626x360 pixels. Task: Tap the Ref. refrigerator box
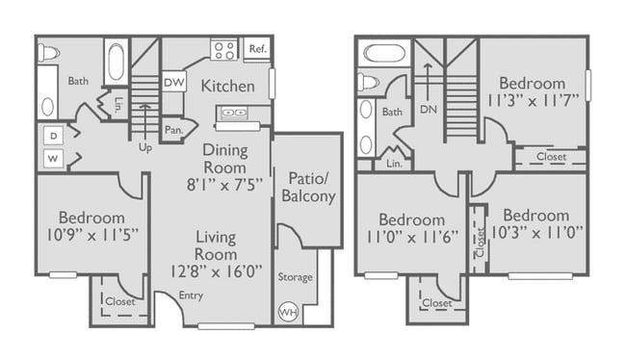click(x=257, y=48)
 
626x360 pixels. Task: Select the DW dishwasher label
click(x=173, y=81)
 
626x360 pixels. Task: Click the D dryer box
click(x=53, y=135)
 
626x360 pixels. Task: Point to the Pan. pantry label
click(x=173, y=128)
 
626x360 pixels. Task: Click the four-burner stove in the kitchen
click(x=223, y=48)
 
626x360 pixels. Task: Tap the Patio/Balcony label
click(x=307, y=187)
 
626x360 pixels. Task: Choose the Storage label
click(x=295, y=277)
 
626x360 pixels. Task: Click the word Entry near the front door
click(x=191, y=296)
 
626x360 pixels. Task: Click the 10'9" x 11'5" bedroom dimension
click(x=91, y=236)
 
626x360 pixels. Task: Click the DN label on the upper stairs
click(x=428, y=111)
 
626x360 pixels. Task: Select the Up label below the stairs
click(x=144, y=147)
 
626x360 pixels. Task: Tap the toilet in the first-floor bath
click(x=48, y=52)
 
